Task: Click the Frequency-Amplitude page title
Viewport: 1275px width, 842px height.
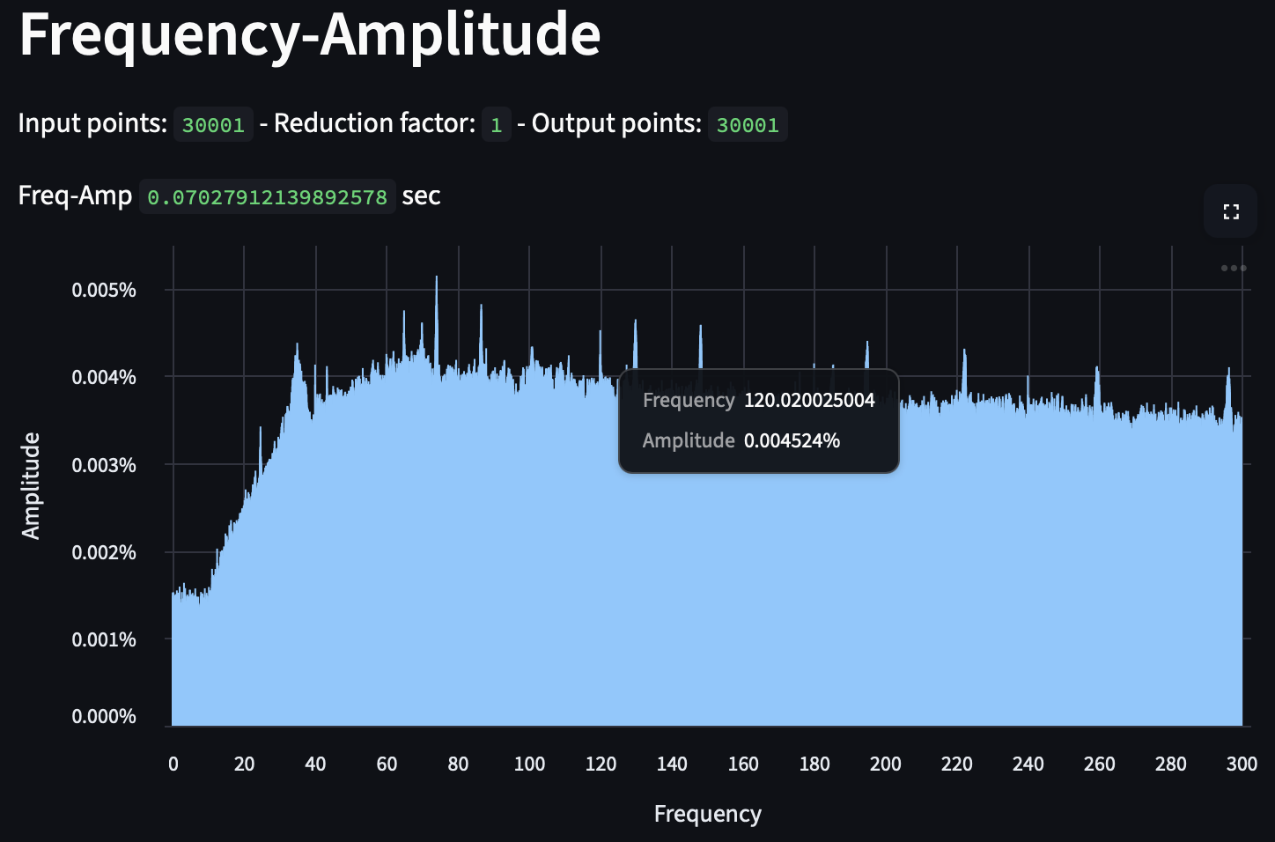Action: (309, 35)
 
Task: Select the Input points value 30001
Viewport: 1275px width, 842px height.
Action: (213, 125)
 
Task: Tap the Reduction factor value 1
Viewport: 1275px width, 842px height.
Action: (496, 125)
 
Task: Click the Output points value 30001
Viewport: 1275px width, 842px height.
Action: (748, 125)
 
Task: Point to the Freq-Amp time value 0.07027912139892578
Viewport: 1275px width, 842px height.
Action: (267, 197)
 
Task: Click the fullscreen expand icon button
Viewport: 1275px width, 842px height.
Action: (1230, 212)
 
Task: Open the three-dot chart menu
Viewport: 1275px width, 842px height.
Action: (1233, 268)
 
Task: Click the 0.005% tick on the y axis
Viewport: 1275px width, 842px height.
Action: (104, 291)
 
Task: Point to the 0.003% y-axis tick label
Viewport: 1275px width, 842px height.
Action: (104, 465)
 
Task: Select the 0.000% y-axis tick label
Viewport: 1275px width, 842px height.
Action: (104, 717)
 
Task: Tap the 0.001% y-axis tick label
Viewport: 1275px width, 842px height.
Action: (104, 639)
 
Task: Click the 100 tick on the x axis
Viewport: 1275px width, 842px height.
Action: (529, 764)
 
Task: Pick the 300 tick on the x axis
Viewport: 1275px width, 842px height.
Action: (1242, 764)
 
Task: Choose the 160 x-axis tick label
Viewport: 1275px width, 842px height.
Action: (743, 764)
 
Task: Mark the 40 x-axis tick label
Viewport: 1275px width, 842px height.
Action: (315, 764)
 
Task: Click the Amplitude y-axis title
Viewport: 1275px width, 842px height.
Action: (31, 485)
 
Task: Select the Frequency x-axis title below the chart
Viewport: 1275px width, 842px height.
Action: (707, 815)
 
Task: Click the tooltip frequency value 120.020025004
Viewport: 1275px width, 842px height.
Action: (809, 401)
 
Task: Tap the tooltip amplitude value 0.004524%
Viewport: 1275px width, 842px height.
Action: (792, 441)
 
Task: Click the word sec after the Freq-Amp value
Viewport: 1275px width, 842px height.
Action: (421, 196)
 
